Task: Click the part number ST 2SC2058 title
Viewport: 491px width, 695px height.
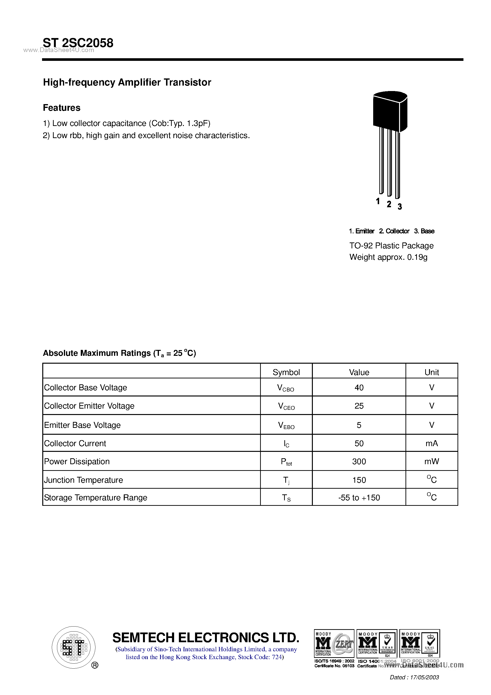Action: coord(78,43)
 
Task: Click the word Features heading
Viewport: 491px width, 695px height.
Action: coord(62,108)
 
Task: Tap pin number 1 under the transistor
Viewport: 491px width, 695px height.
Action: coord(377,201)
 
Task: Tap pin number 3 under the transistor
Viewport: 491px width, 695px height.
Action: coord(400,207)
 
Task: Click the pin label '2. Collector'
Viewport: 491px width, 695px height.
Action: coord(394,231)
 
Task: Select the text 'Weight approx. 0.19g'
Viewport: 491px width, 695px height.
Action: coord(388,257)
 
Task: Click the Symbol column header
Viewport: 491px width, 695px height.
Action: coord(286,372)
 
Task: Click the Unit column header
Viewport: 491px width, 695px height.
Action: coord(431,372)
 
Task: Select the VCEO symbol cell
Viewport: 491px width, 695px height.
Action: coord(286,406)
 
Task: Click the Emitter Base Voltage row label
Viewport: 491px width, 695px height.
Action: coord(82,425)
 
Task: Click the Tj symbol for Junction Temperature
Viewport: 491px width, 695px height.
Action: coord(286,480)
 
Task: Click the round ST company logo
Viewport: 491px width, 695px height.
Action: coord(73,647)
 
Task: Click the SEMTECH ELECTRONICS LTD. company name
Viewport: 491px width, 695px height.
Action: coord(206,637)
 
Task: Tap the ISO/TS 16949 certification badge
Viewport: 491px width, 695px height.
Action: coord(334,644)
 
